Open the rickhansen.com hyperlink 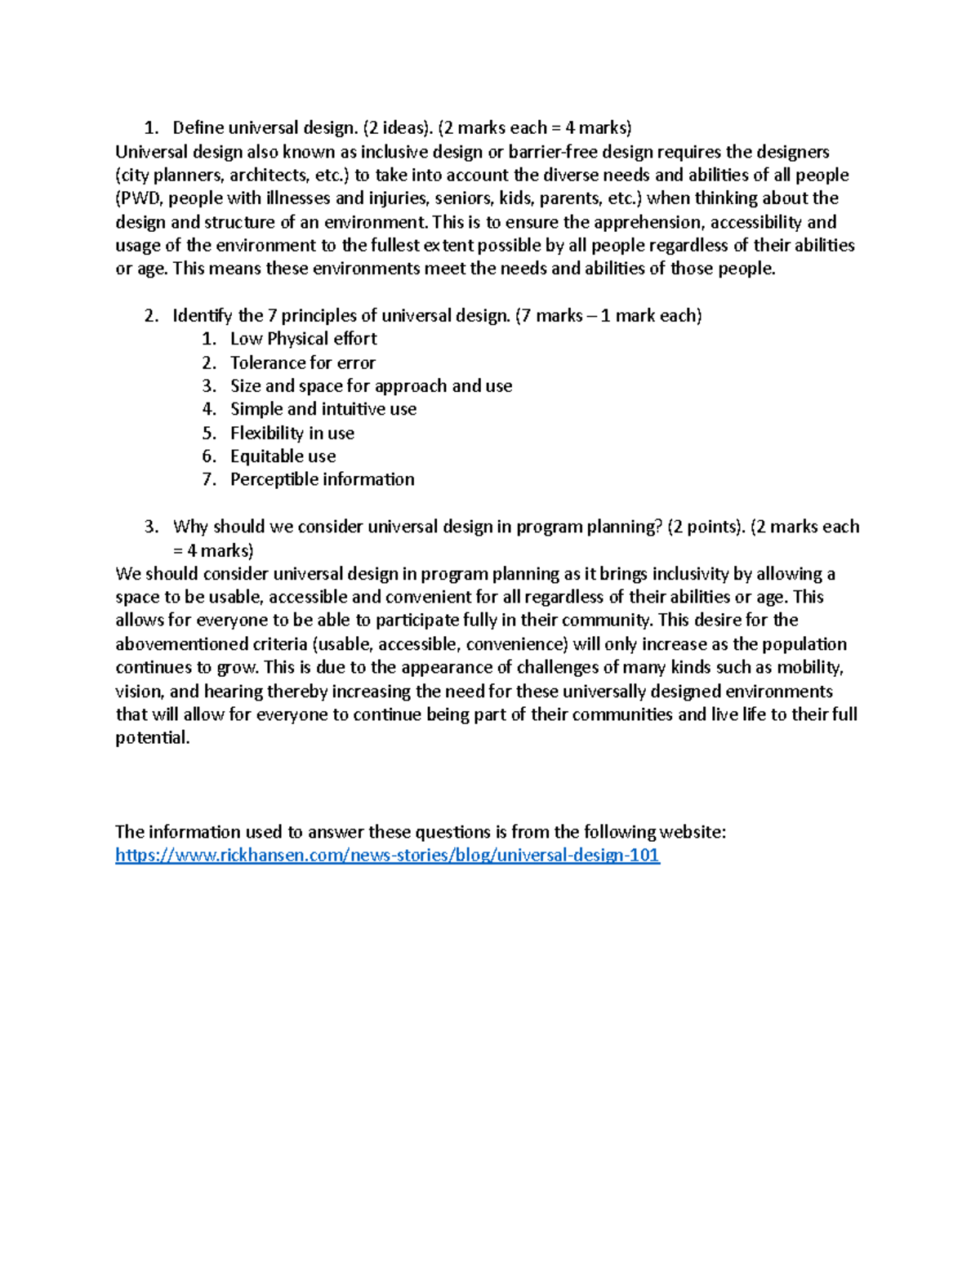(387, 855)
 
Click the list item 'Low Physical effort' (303, 339)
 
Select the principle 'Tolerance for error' (302, 363)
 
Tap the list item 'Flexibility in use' (292, 433)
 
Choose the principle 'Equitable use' (283, 456)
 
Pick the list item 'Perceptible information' (322, 479)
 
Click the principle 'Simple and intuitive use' (323, 409)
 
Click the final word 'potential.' (152, 738)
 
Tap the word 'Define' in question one (198, 128)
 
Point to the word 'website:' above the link (693, 832)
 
